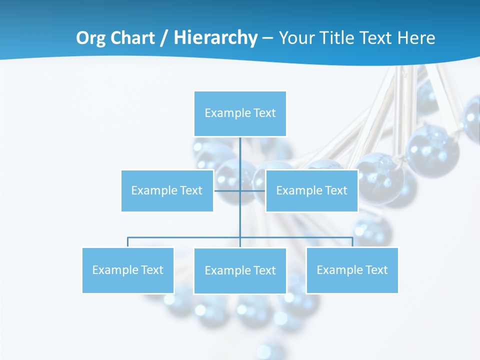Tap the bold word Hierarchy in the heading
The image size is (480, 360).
(x=215, y=38)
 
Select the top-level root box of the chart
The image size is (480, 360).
(x=240, y=113)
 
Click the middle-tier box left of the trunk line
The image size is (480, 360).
(x=167, y=190)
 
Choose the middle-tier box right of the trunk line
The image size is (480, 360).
(x=311, y=190)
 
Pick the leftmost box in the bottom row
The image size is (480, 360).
(x=127, y=270)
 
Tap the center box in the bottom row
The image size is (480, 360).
(x=240, y=270)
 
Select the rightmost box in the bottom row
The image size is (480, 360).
(x=352, y=270)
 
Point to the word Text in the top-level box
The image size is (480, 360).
(x=264, y=113)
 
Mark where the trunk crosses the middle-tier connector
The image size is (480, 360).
(x=240, y=190)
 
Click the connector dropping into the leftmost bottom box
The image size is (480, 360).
(x=127, y=242)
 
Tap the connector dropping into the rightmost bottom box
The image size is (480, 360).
(x=352, y=242)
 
